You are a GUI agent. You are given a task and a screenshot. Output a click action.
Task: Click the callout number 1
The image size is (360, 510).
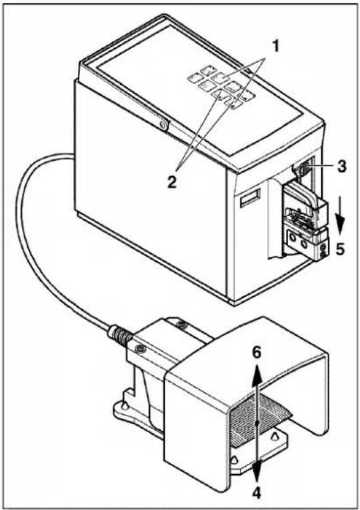[275, 47]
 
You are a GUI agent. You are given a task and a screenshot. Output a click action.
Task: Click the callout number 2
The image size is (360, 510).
[172, 182]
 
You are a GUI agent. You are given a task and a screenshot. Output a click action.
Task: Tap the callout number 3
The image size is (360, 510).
[341, 166]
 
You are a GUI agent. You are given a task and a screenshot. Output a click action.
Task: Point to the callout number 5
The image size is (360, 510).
[340, 249]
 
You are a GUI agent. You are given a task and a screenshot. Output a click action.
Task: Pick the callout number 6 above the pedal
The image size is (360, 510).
[257, 353]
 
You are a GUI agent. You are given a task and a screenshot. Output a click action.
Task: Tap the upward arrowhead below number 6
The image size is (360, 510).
[257, 371]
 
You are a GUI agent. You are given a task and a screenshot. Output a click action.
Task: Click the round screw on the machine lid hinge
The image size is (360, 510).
[163, 124]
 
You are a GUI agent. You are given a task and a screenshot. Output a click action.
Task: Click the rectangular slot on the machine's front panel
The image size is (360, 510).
[251, 198]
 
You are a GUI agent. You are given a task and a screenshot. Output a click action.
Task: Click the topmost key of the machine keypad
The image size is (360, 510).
[207, 69]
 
